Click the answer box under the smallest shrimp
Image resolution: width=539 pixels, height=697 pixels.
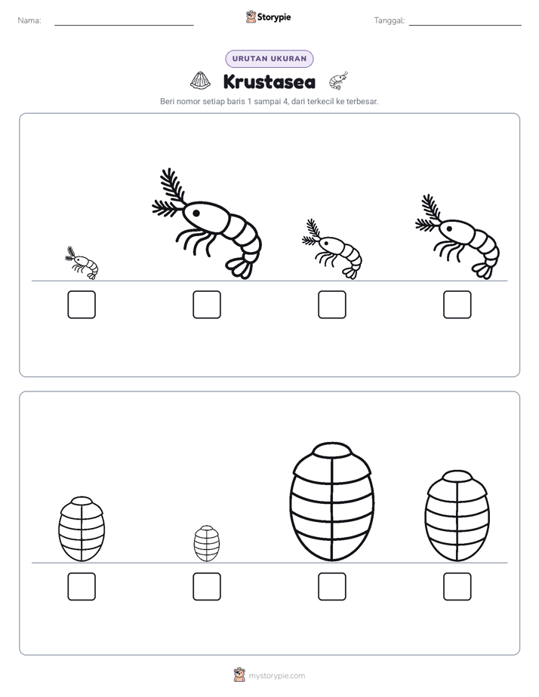click(82, 305)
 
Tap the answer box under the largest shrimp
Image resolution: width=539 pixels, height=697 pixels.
click(207, 305)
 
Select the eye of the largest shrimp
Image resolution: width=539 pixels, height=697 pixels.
click(196, 213)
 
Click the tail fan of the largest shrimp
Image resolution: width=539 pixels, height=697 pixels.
click(240, 268)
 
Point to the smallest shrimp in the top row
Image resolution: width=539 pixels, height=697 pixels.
click(82, 263)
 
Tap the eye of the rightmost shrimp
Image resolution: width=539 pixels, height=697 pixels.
click(449, 229)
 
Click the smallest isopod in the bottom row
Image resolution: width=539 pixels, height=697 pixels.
click(207, 544)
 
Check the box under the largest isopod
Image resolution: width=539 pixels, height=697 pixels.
click(332, 587)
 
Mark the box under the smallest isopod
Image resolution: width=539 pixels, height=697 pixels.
click(207, 587)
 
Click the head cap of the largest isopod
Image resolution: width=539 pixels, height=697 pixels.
click(332, 450)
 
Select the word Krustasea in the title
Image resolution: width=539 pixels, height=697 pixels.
click(269, 81)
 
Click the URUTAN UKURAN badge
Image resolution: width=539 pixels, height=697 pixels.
click(269, 59)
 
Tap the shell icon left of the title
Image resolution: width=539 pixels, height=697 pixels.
click(201, 81)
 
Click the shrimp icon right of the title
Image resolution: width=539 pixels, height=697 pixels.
click(338, 81)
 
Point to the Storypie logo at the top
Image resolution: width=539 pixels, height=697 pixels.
click(268, 17)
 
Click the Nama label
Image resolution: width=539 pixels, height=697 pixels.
click(29, 20)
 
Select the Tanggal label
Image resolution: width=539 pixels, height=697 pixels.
click(390, 20)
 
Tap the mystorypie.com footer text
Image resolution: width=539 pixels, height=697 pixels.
click(276, 676)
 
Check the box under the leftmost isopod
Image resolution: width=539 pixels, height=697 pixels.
click(82, 587)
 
